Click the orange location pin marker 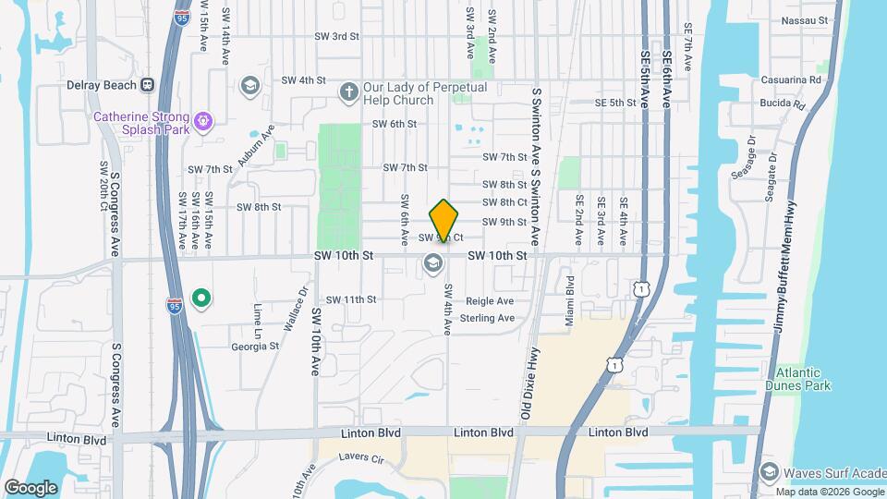(x=444, y=221)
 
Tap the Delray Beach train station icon (x=146, y=85)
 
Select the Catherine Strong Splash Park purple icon (x=203, y=118)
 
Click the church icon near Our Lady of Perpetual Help (x=348, y=91)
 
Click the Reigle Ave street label (x=489, y=301)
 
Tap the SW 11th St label (x=351, y=299)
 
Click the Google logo (x=30, y=487)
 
